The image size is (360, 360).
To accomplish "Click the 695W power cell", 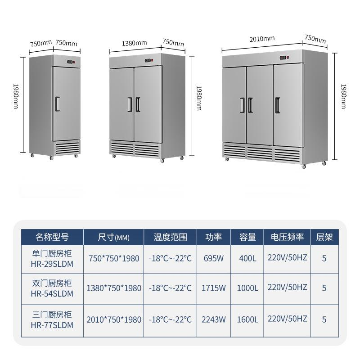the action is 213,258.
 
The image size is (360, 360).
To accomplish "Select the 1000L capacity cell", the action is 247,288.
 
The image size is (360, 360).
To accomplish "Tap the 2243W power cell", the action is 213,319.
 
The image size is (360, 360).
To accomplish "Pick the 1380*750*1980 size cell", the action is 114,288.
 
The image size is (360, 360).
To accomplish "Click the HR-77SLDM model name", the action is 52,325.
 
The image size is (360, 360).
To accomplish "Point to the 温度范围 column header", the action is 171,237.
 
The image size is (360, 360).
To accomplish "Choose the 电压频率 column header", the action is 287,237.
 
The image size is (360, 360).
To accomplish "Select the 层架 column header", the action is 324,237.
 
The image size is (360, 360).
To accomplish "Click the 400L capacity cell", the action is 247,258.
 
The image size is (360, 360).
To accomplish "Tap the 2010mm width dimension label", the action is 262,39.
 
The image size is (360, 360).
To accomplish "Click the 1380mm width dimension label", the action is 134,43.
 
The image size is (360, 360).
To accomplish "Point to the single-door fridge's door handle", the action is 58,104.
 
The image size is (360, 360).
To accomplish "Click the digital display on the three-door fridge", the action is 283,58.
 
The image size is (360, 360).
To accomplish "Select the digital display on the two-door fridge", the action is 148,61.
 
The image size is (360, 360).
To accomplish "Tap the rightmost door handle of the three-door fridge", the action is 278,105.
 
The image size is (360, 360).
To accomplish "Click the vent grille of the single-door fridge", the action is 67,148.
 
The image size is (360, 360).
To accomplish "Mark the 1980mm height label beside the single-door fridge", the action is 16,96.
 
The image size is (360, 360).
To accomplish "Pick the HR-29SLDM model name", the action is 52,264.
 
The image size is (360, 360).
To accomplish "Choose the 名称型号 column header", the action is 52,237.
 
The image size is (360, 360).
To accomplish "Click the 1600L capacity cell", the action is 247,319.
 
